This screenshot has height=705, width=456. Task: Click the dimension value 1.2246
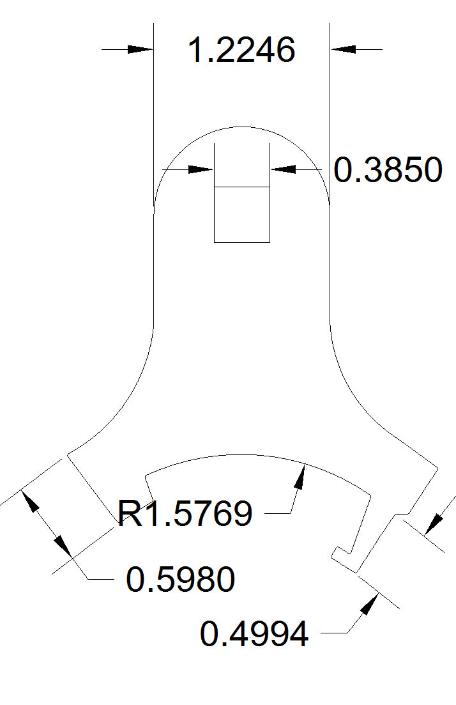(x=241, y=50)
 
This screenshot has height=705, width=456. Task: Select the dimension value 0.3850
(x=388, y=171)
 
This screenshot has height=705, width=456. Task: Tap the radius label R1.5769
(x=186, y=513)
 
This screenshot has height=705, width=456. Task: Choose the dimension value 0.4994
(x=254, y=635)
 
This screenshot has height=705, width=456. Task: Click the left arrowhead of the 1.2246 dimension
(x=141, y=49)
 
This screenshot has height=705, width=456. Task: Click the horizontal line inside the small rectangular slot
(x=241, y=187)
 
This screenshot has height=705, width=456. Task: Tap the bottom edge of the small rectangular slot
(x=241, y=242)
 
